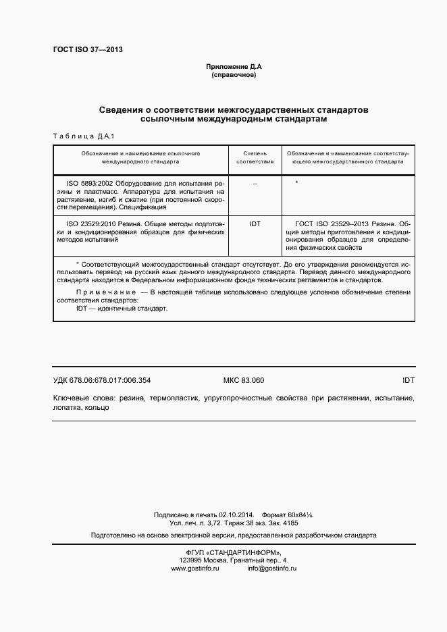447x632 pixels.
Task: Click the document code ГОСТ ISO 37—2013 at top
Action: coord(87,50)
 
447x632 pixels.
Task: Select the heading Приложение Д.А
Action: coord(233,66)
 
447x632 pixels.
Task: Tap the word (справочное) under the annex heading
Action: coord(233,74)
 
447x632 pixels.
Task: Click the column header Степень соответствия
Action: coord(255,158)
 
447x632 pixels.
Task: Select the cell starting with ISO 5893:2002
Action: coord(141,196)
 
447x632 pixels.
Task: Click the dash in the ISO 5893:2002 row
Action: coord(255,184)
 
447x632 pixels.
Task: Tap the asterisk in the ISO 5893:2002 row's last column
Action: coord(297,184)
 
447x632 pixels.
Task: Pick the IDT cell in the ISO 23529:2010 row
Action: coord(255,223)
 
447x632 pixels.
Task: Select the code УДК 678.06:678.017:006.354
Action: coord(102,380)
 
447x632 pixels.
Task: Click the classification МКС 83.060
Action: coord(244,380)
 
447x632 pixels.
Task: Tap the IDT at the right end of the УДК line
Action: coord(408,380)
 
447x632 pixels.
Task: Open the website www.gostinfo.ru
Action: coord(195,569)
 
